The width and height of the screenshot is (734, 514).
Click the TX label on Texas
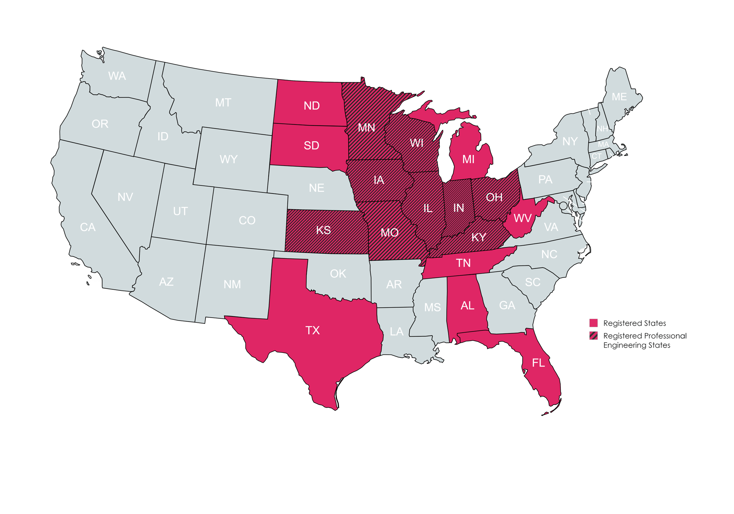312,330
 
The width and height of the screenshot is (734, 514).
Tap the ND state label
312,106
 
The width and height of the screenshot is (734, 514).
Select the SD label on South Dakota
311,146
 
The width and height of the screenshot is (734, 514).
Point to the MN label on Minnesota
366,128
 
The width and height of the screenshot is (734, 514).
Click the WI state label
417,143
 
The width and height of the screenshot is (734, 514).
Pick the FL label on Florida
538,363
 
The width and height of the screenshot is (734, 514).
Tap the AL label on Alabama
467,305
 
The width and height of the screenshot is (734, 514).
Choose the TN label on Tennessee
463,263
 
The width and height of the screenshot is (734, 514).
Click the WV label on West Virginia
522,218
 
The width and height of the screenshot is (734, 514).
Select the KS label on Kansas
323,230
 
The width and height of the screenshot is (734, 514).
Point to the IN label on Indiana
458,208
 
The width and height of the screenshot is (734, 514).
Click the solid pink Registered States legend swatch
593,323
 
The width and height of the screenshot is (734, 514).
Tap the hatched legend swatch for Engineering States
593,336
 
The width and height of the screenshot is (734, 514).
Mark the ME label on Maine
619,97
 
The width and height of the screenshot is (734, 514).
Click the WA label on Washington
117,76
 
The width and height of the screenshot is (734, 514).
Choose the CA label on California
88,227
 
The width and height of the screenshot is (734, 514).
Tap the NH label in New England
602,129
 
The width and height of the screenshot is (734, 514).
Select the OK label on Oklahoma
338,274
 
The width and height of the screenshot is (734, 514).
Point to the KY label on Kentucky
479,238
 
